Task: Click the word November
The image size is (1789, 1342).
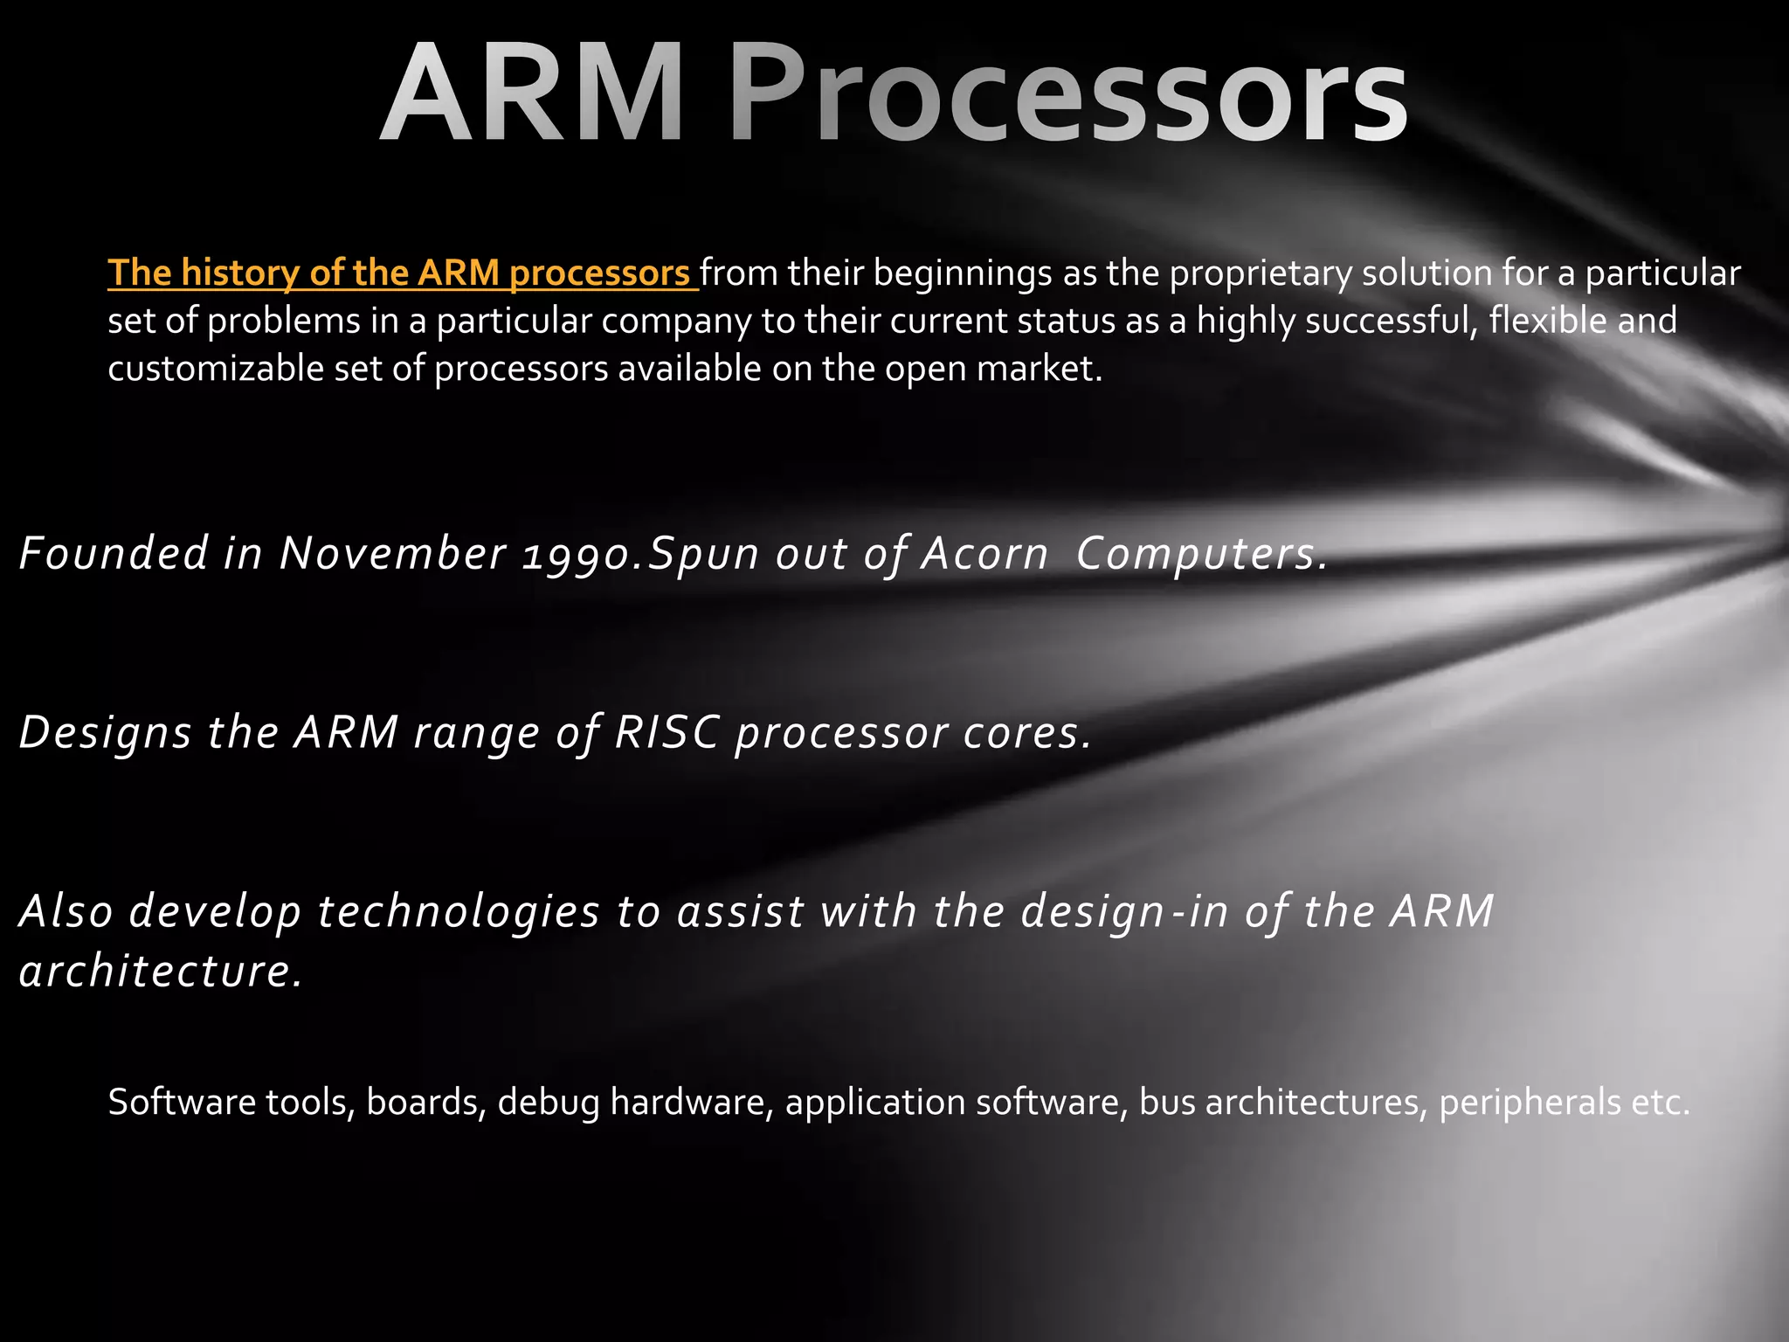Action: point(392,554)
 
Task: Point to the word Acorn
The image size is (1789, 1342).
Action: point(984,554)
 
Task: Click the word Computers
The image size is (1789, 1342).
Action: point(1202,554)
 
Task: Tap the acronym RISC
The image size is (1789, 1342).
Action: point(666,732)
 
